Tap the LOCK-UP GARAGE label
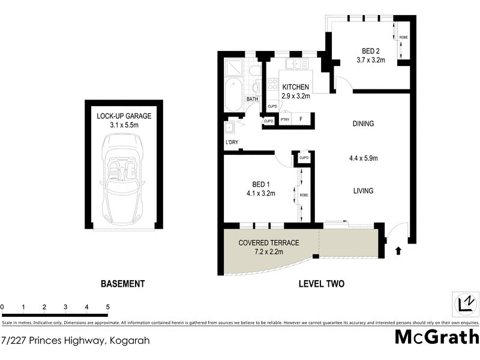click(124, 116)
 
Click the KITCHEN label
click(296, 87)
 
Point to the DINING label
click(363, 124)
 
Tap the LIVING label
click(363, 191)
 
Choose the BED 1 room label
click(253, 185)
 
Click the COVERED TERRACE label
click(269, 242)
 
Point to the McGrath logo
click(437, 337)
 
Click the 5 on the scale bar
click(108, 307)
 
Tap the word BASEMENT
click(122, 284)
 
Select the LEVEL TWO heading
click(322, 284)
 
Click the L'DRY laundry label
click(232, 142)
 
